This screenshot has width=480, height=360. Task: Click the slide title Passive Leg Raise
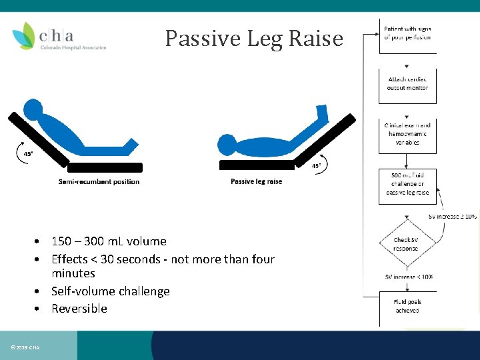[x=254, y=39]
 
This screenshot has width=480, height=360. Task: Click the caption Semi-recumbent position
[x=99, y=181]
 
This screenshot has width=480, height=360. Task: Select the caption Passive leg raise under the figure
[x=256, y=181]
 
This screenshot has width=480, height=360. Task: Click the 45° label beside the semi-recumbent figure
[x=28, y=153]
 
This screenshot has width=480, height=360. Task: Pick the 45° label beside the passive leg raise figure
[x=317, y=165]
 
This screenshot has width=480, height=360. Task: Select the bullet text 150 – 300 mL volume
[x=109, y=241]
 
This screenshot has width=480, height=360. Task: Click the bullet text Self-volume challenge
[x=110, y=291]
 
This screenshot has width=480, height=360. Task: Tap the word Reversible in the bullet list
[x=79, y=309]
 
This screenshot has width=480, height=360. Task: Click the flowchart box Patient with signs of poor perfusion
[x=407, y=33]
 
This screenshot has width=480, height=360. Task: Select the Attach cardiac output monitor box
[x=407, y=84]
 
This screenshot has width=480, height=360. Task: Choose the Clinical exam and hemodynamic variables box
[x=407, y=133]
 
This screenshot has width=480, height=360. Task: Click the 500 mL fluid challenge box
[x=407, y=184]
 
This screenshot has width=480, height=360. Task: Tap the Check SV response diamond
[x=405, y=244]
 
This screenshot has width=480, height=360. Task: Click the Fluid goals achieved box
[x=407, y=306]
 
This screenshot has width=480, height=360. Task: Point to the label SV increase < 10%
[x=409, y=277]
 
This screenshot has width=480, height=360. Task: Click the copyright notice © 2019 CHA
[x=25, y=347]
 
